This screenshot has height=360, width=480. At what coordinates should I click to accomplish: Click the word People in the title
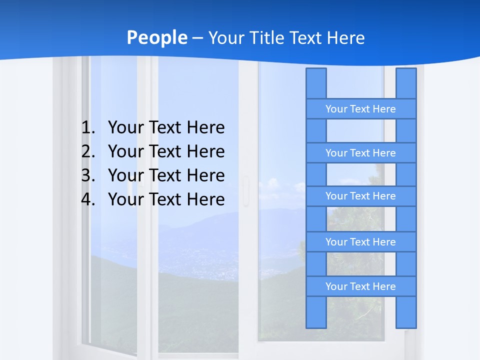(157, 37)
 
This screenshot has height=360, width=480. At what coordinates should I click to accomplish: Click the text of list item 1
(166, 127)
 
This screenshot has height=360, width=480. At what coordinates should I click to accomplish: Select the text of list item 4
(166, 199)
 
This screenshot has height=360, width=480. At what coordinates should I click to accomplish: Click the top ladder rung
(360, 109)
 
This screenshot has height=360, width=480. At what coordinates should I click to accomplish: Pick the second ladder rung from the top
(360, 153)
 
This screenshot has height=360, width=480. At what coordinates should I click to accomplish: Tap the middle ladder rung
(360, 196)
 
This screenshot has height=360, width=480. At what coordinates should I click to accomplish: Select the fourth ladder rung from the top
(360, 242)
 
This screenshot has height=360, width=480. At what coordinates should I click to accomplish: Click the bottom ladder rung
(360, 286)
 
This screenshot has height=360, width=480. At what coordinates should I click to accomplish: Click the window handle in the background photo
(245, 191)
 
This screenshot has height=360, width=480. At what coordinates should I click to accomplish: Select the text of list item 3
(166, 175)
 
